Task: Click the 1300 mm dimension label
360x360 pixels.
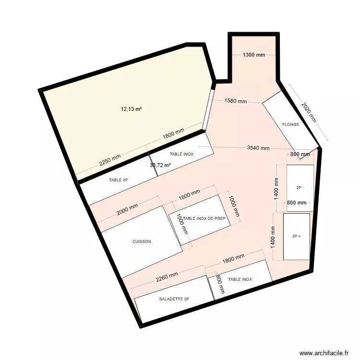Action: [253, 55]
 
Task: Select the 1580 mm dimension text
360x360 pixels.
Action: [235, 101]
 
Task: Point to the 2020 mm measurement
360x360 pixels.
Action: [308, 112]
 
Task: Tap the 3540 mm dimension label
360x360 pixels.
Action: [258, 148]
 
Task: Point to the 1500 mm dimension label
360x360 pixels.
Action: [182, 224]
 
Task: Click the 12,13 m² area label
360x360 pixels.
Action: [131, 109]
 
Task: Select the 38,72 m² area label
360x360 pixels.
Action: [160, 165]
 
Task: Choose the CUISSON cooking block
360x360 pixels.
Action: [142, 241]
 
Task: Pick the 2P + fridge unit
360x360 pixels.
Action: [296, 236]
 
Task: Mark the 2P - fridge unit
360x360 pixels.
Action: [300, 188]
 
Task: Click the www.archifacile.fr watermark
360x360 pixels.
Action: [324, 353]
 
